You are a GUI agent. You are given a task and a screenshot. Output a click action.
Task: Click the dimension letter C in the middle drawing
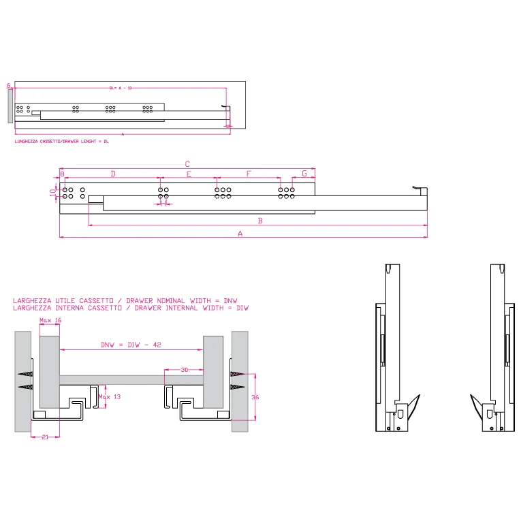click(x=187, y=163)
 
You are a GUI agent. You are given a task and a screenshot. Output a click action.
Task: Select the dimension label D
click(x=113, y=174)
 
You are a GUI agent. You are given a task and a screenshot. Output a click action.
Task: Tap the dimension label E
click(x=189, y=174)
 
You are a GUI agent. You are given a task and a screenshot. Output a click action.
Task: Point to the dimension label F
click(x=249, y=174)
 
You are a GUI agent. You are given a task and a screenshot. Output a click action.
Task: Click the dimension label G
click(x=304, y=174)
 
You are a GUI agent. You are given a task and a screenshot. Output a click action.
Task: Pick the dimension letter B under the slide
click(x=259, y=221)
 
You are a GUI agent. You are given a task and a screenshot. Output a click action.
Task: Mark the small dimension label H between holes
click(x=163, y=202)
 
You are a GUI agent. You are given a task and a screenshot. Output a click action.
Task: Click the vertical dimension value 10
click(x=53, y=193)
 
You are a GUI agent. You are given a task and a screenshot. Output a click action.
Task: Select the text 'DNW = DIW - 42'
click(x=131, y=345)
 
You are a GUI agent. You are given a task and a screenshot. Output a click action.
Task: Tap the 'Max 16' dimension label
click(x=50, y=320)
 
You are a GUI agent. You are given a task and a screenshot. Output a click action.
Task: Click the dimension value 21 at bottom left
click(x=45, y=437)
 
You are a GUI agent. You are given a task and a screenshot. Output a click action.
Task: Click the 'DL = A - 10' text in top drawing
click(x=121, y=88)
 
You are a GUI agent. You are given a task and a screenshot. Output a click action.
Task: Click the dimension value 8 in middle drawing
click(x=62, y=174)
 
